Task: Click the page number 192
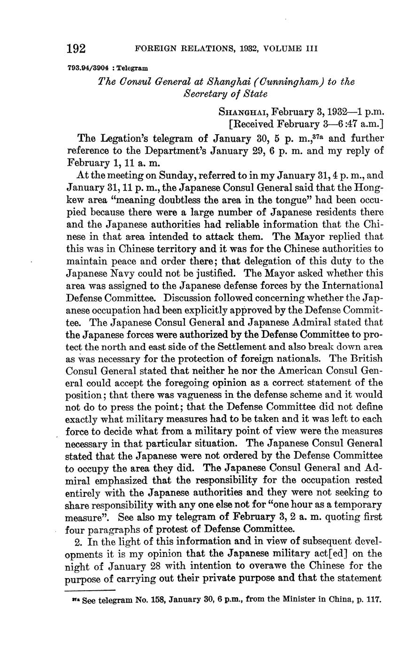pyautogui.click(x=76, y=48)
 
